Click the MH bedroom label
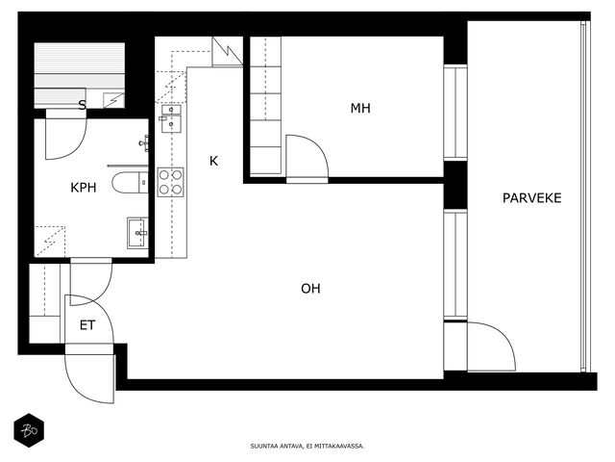[x=360, y=108]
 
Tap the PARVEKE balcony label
[x=531, y=197]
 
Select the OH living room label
[x=310, y=289]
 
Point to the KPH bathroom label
[x=84, y=188]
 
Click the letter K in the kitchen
[x=213, y=161]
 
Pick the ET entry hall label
[x=87, y=325]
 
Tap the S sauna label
[x=82, y=105]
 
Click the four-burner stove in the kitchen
[x=171, y=182]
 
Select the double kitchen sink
[x=171, y=118]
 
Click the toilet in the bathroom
[x=130, y=183]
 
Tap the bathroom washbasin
[x=137, y=233]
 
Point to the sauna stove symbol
[x=113, y=100]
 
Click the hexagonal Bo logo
[x=29, y=430]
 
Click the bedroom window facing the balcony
[x=455, y=112]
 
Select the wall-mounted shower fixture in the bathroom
[x=144, y=143]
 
